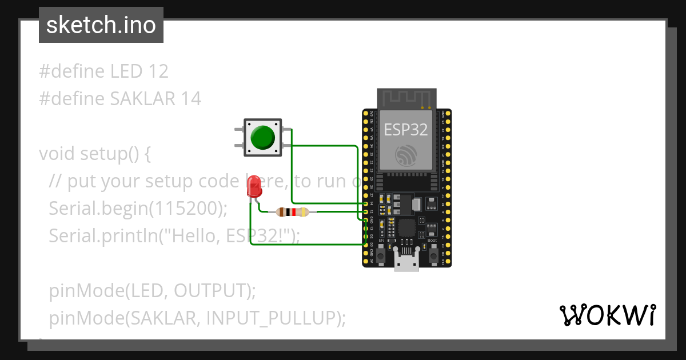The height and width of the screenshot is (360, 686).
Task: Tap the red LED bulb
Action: [x=254, y=187]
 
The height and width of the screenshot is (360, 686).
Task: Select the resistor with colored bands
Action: [x=293, y=213]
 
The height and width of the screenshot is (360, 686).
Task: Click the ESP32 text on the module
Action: [x=406, y=130]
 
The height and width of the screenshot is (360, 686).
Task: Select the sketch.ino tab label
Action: [x=101, y=25]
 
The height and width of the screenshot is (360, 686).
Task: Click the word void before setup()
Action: [x=57, y=154]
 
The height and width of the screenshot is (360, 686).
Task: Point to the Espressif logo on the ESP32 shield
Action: [x=406, y=154]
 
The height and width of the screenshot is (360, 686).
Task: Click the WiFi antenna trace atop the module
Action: [x=406, y=98]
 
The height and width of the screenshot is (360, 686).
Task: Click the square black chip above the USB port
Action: [x=407, y=227]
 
